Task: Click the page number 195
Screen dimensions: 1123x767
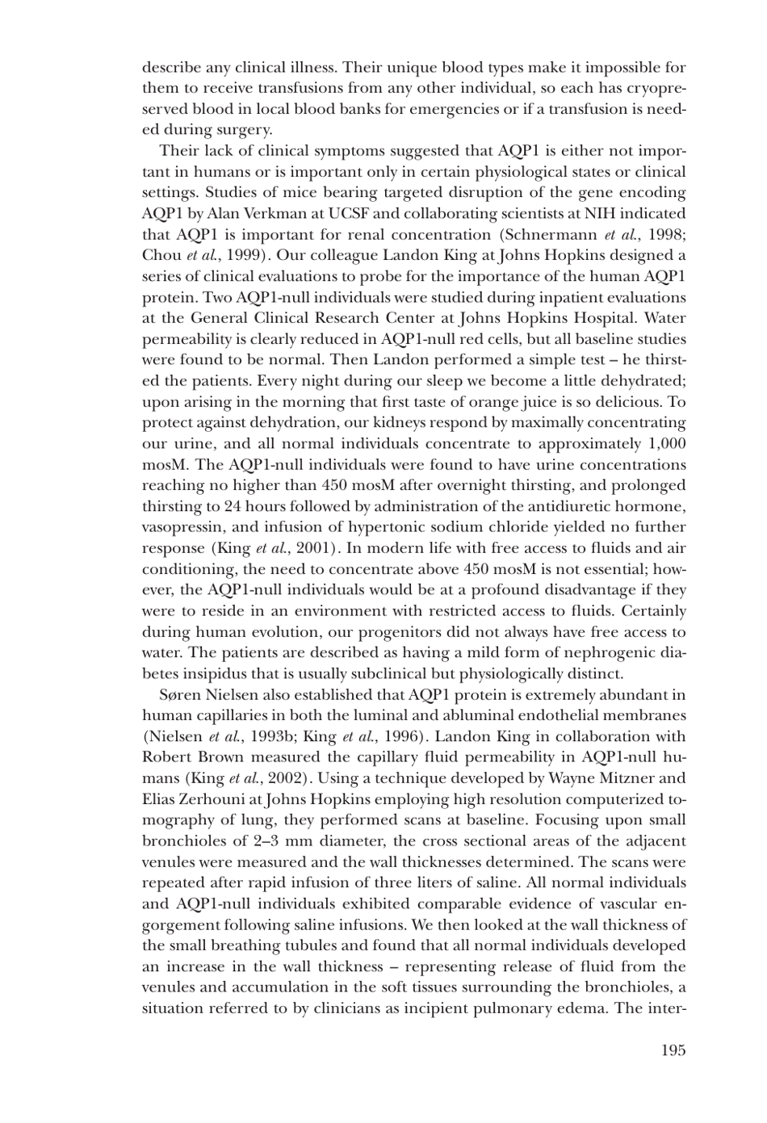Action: tap(673, 1050)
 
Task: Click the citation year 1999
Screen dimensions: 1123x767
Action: tap(242, 256)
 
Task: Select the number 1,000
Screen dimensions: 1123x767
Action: tap(666, 444)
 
